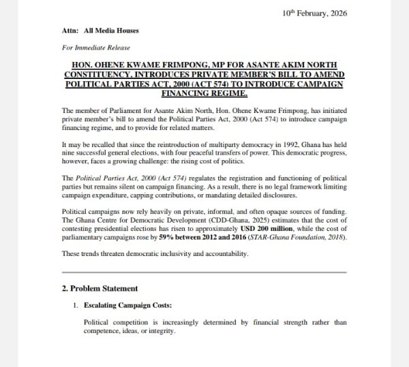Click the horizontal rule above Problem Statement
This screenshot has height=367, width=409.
tap(204, 272)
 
